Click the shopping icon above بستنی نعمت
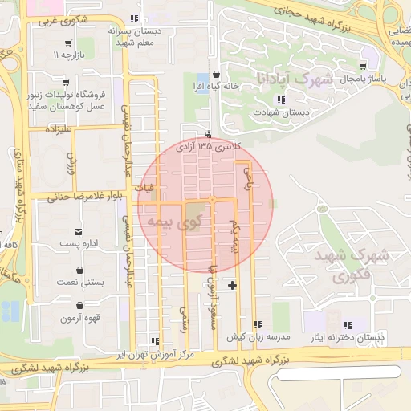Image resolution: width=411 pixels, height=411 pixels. coord(79,270)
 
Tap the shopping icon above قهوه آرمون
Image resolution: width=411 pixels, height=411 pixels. coord(79,305)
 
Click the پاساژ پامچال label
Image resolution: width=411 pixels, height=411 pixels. coord(364,79)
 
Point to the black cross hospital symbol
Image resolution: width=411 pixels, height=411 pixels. coord(233,285)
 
